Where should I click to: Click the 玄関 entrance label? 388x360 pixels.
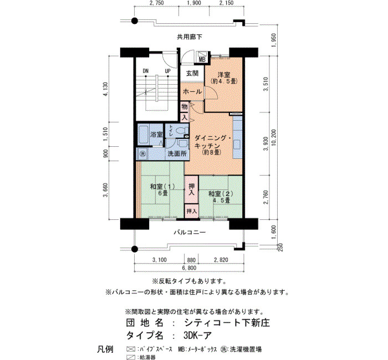[192, 73]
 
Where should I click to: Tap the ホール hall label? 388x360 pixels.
[192, 91]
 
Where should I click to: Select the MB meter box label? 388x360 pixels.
[202, 60]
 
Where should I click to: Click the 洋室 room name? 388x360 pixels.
[224, 74]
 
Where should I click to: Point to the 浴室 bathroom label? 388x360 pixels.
[156, 135]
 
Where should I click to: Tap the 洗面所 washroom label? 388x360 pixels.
[177, 153]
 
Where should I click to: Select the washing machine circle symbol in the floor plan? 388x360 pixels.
[142, 153]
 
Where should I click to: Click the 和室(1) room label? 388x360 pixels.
[162, 187]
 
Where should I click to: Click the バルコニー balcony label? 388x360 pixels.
[190, 233]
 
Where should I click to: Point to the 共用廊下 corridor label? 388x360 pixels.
[190, 37]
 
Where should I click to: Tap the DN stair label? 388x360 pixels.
[146, 71]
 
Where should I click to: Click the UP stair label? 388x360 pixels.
[168, 71]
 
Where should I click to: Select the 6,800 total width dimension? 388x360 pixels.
[189, 268]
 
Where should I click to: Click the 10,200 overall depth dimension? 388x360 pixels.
[273, 137]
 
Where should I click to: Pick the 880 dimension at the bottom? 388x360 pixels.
[191, 260]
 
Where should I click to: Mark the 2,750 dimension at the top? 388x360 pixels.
[157, 3]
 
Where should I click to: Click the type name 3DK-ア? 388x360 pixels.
[197, 336]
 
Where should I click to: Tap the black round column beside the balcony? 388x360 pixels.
[134, 249]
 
